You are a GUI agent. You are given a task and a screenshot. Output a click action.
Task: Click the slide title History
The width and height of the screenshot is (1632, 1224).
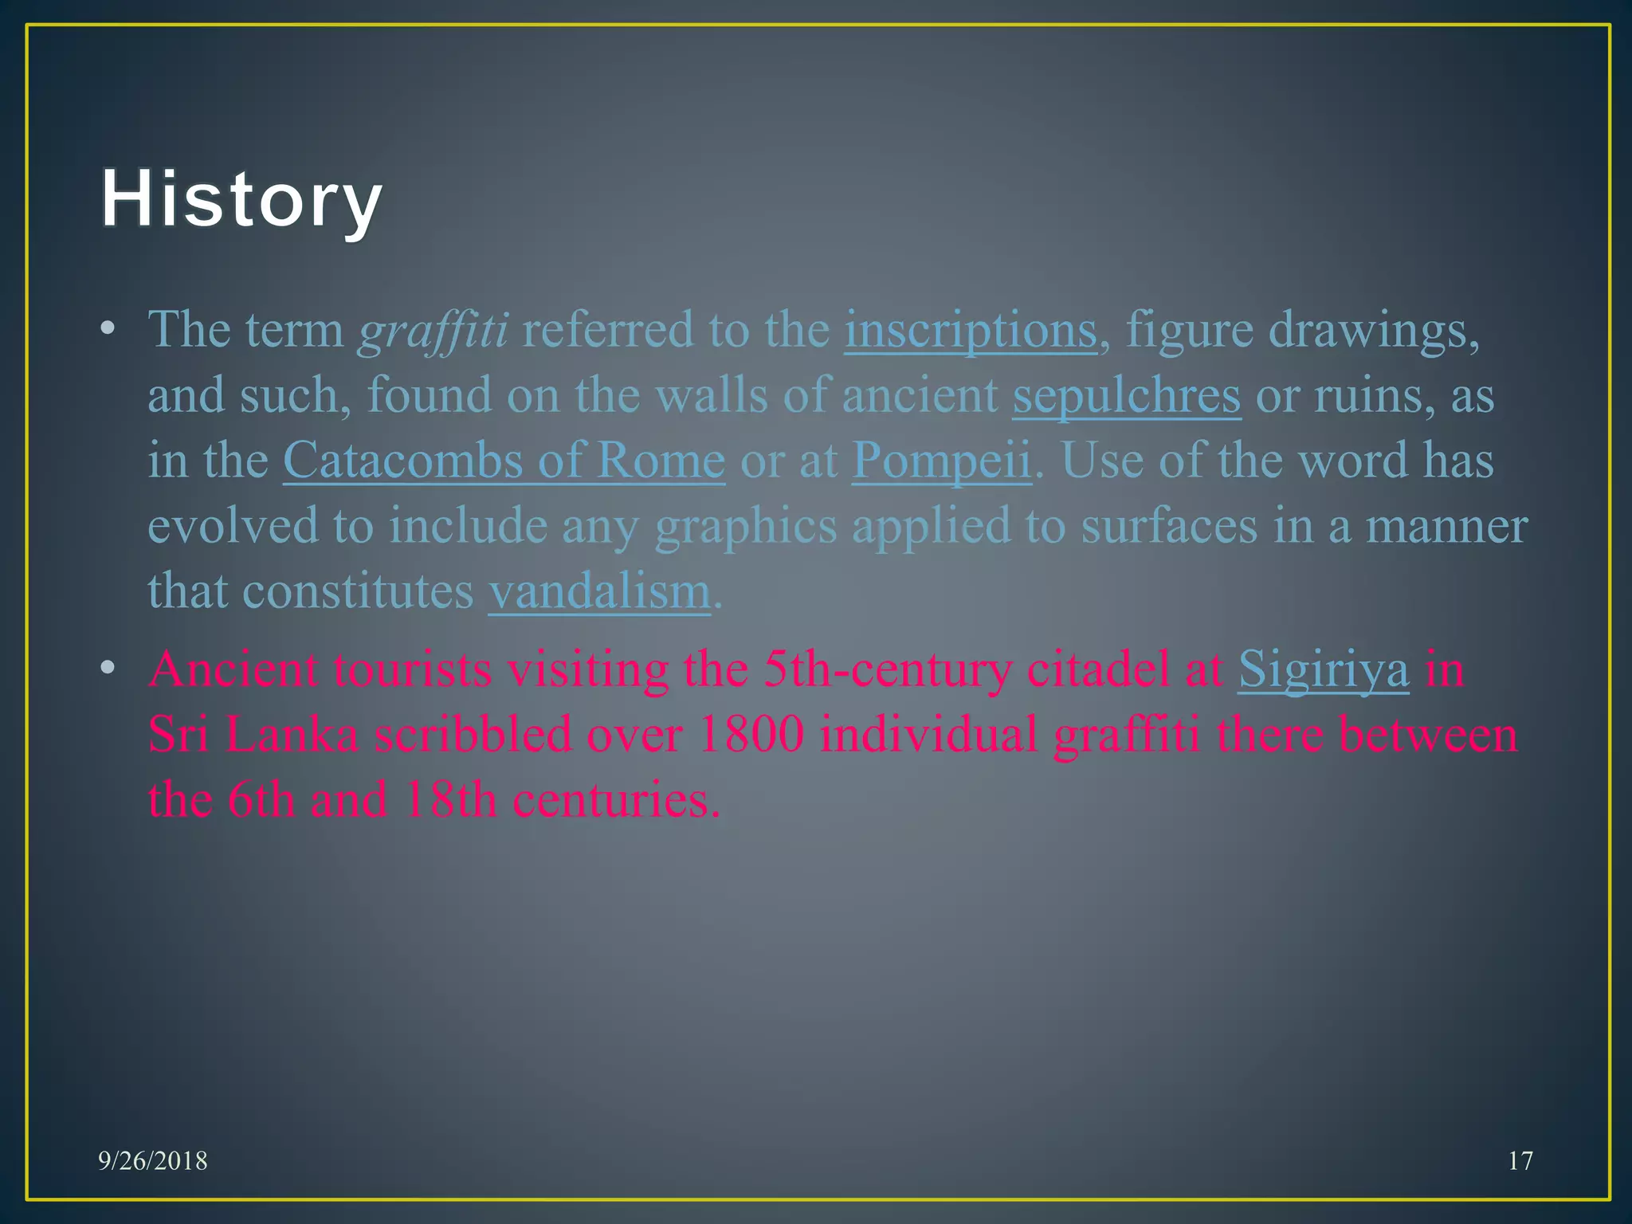pyautogui.click(x=241, y=199)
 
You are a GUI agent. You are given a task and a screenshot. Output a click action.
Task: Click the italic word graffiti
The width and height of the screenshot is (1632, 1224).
pyautogui.click(x=433, y=330)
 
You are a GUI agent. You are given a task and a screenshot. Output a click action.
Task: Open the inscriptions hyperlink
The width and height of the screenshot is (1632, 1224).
pyautogui.click(x=971, y=330)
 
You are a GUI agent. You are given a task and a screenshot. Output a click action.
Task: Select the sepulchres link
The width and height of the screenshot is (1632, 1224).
pyautogui.click(x=1126, y=395)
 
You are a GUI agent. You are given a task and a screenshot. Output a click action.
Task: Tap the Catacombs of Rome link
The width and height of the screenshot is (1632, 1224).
pyautogui.click(x=504, y=461)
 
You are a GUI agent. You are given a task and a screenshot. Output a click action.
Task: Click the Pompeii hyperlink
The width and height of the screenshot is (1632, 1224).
pyautogui.click(x=941, y=461)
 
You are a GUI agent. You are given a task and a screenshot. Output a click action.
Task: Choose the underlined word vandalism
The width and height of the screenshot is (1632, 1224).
pyautogui.click(x=599, y=591)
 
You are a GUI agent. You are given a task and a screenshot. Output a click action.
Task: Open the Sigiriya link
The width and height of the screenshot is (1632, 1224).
pyautogui.click(x=1323, y=669)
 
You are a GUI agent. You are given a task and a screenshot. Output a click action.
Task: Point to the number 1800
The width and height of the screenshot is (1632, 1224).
pyautogui.click(x=750, y=735)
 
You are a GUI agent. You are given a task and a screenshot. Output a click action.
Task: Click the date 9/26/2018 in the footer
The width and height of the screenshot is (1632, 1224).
pyautogui.click(x=153, y=1161)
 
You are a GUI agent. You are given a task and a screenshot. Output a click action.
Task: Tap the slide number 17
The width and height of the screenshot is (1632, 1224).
pyautogui.click(x=1520, y=1161)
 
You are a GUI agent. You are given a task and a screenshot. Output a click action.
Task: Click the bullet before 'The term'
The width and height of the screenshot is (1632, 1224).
pyautogui.click(x=108, y=329)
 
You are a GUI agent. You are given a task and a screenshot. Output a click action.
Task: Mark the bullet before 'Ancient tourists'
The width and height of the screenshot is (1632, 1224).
pyautogui.click(x=108, y=669)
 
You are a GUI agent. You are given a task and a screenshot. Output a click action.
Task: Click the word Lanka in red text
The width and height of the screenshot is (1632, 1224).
pyautogui.click(x=292, y=735)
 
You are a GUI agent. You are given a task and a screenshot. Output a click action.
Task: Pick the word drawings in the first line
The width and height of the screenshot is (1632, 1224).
pyautogui.click(x=1373, y=330)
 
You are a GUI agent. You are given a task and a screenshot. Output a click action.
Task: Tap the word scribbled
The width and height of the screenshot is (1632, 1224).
pyautogui.click(x=473, y=735)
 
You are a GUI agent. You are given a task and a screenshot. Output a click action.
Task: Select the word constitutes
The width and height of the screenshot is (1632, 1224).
pyautogui.click(x=358, y=591)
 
